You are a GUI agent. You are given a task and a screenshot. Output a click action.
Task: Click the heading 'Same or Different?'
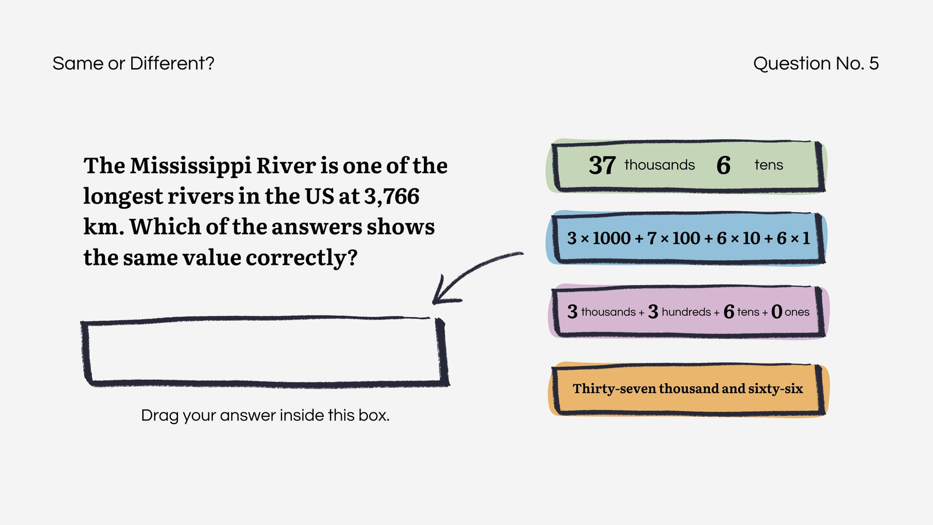pos(134,64)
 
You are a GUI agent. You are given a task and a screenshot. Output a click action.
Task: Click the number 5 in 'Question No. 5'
pos(874,64)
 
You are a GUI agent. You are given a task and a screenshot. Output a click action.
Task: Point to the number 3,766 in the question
pos(391,196)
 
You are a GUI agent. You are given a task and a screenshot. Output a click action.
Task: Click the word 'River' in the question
pos(286,166)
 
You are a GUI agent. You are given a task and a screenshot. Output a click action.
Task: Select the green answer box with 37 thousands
pos(686,166)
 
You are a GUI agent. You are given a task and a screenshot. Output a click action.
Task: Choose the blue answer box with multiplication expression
pos(686,238)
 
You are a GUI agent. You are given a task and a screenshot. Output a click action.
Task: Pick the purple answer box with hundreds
pos(688,311)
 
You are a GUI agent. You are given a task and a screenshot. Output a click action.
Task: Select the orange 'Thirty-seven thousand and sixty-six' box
pos(688,388)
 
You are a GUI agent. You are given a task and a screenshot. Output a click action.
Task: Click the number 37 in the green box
pos(602,166)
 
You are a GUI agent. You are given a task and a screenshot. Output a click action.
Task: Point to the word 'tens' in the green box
pos(769,166)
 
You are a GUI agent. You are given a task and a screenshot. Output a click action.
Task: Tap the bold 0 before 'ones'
pos(776,311)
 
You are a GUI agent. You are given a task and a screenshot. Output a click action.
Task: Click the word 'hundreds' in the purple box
pos(686,311)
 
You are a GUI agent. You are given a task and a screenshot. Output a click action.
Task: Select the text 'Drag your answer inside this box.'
pos(265,415)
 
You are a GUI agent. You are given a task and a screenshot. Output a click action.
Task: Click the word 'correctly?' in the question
pos(301,258)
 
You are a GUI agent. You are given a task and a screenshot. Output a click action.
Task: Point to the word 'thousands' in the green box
pos(660,165)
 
